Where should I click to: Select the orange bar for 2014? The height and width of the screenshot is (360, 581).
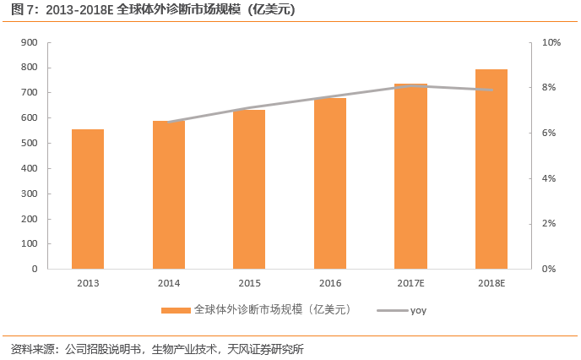point(169,194)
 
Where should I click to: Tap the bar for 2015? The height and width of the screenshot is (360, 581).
point(249,189)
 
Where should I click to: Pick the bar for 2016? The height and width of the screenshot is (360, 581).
point(330,183)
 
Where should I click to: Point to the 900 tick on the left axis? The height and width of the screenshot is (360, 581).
point(29,42)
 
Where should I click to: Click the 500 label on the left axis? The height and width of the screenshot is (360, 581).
point(29,143)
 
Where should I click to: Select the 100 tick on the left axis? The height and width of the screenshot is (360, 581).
point(29,243)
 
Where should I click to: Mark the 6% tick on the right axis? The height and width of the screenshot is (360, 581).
point(550,133)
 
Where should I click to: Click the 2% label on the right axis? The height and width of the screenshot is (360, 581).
point(550,224)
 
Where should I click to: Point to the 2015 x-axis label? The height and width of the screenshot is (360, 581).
point(249,284)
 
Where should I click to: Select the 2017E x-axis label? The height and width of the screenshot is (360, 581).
point(410,284)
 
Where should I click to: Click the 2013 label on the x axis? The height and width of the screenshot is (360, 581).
point(88,284)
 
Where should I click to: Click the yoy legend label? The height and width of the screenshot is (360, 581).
point(419,311)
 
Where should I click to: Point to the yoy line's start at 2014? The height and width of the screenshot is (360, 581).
point(169,122)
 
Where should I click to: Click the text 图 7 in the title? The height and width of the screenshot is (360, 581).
point(19,10)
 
